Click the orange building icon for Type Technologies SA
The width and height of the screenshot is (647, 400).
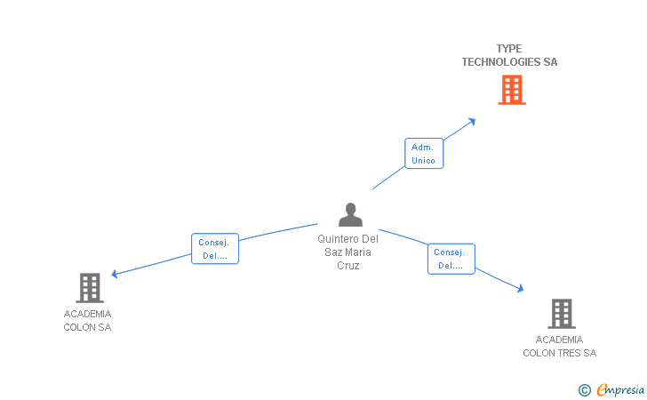511,90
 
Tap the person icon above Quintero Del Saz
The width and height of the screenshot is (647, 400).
351,215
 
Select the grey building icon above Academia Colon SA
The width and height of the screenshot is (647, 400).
90,288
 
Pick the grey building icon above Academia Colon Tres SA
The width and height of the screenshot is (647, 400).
561,314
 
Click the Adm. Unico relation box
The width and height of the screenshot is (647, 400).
423,154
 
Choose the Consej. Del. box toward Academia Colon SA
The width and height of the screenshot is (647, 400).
215,249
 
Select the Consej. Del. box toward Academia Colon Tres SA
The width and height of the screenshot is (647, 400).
451,259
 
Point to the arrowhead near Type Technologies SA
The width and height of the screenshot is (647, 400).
471,120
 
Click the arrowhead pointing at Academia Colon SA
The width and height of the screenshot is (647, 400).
115,275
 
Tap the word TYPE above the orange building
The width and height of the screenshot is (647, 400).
509,49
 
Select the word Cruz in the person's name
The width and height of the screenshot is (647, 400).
348,266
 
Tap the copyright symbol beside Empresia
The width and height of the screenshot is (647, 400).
585,389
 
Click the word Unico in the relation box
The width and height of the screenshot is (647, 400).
423,161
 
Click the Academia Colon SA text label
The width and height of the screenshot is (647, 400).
87,320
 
